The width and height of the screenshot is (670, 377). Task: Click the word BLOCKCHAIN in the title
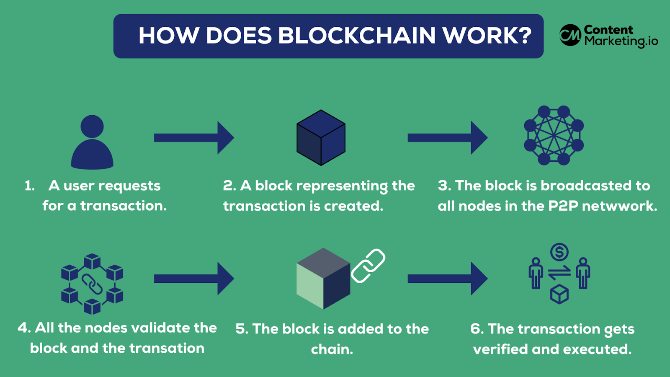pos(357,36)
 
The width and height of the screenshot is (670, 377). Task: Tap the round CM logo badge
pos(570,35)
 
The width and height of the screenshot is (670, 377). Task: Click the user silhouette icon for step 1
pos(92,142)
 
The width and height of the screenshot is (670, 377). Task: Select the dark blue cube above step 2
pos(321,138)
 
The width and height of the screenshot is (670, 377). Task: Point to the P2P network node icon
pos(554,135)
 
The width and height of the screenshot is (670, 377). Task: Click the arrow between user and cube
pos(193,138)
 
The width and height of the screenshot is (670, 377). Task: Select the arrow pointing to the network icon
pos(447,138)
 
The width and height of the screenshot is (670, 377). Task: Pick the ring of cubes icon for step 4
pos(92,284)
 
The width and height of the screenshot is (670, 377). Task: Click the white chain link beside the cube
pos(368,266)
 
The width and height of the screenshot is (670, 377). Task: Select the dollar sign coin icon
pos(559,252)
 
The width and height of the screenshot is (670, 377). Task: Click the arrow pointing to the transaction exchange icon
pos(447,279)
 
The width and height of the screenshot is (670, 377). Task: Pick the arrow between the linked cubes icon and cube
pos(193,279)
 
